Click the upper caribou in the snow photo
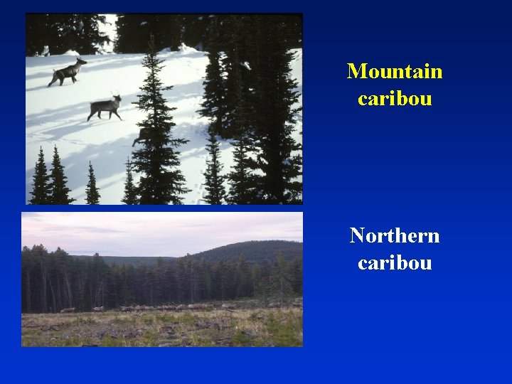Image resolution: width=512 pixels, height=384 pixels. [x=68, y=72]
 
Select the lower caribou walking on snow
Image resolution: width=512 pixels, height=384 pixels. [x=105, y=107]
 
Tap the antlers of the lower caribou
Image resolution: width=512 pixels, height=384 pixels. [x=116, y=95]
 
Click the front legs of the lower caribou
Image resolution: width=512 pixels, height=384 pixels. [x=114, y=114]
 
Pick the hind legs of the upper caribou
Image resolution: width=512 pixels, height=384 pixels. [x=52, y=82]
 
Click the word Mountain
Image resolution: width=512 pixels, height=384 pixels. [x=395, y=71]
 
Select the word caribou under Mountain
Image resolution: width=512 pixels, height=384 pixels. [x=395, y=98]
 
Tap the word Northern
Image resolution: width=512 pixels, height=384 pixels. [x=395, y=235]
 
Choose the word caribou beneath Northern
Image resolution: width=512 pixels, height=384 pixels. [x=395, y=262]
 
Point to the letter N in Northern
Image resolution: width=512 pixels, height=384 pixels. [x=357, y=235]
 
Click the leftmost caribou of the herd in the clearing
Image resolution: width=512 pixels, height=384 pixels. [x=68, y=310]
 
